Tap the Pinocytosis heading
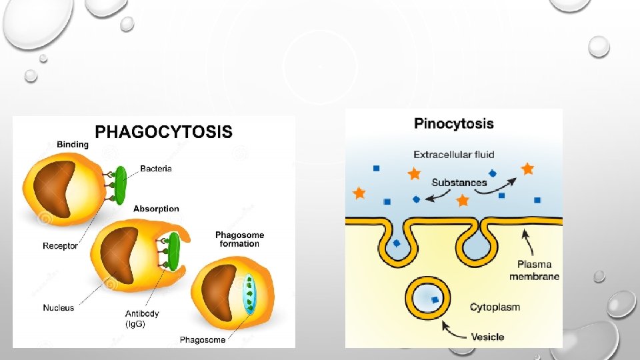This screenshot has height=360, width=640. coord(454,123)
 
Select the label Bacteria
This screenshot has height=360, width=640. coord(156,169)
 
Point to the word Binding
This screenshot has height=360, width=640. coord(73,144)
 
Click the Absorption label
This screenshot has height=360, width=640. coord(157,208)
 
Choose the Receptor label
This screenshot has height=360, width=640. coord(60,246)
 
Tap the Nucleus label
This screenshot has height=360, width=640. coord(59,307)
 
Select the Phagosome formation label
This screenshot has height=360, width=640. coord(239,239)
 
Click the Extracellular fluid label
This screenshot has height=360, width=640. coord(454,155)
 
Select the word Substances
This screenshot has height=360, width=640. coord(459,182)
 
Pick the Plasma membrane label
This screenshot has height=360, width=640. coord(535,270)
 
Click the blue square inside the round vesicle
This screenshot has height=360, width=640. coord(435,301)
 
